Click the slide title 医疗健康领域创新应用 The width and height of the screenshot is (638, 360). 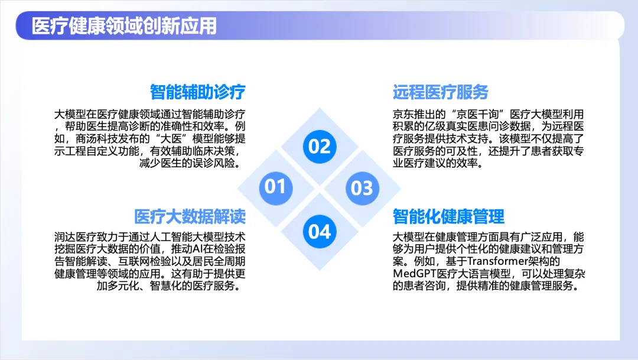pyautogui.click(x=124, y=26)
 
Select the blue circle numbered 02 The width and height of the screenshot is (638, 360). pyautogui.click(x=320, y=147)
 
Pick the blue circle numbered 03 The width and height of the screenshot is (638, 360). pyautogui.click(x=362, y=188)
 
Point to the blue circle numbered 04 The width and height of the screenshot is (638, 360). pyautogui.click(x=320, y=232)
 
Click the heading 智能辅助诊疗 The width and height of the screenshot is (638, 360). pyautogui.click(x=198, y=92)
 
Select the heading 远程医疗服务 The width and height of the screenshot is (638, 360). pyautogui.click(x=441, y=92)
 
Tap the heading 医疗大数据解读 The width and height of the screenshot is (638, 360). pyautogui.click(x=190, y=217)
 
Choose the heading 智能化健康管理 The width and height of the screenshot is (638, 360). pyautogui.click(x=448, y=217)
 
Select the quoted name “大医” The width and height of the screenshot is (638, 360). pyautogui.click(x=171, y=138)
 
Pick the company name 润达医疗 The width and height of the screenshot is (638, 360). pyautogui.click(x=75, y=236)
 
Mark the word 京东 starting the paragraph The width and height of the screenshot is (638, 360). pyautogui.click(x=403, y=114)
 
